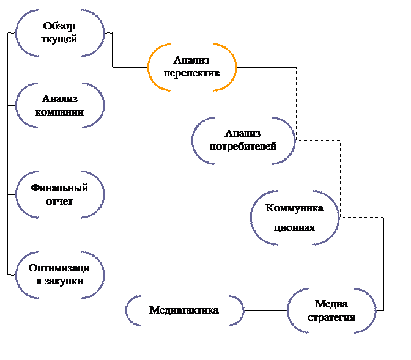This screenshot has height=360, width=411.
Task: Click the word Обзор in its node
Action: click(60, 27)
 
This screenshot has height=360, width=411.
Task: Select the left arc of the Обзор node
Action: click(18, 33)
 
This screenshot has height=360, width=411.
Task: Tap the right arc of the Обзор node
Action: click(102, 33)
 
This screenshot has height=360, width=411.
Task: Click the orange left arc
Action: click(150, 67)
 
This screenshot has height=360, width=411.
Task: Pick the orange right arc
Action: click(234, 67)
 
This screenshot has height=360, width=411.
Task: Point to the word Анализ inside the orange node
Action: click(192, 61)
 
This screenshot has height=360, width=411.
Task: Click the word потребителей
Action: click(243, 147)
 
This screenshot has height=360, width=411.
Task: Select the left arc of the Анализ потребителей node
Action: click(195, 141)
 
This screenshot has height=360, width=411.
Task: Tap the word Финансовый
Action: click(60, 188)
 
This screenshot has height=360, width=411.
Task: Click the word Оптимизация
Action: click(60, 268)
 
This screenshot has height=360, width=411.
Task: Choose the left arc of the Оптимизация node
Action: click(18, 274)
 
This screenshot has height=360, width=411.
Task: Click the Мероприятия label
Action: click(185, 310)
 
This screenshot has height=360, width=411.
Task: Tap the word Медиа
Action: click(331, 304)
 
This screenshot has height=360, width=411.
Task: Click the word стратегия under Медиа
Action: click(331, 318)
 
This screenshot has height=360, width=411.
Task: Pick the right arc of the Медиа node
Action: click(373, 310)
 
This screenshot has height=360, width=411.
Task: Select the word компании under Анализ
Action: click(60, 112)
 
